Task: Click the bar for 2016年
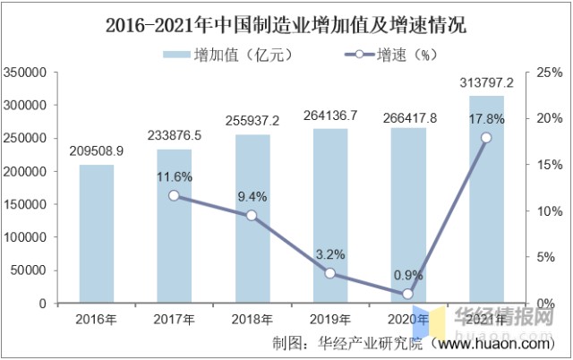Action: [96, 234]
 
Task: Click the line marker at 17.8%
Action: [486, 137]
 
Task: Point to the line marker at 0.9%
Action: [408, 294]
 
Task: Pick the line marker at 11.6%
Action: [174, 195]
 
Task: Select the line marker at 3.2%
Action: [330, 273]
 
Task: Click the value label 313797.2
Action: [486, 83]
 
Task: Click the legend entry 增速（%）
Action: [381, 55]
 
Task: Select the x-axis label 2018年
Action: [252, 319]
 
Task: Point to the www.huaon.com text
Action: [506, 342]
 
